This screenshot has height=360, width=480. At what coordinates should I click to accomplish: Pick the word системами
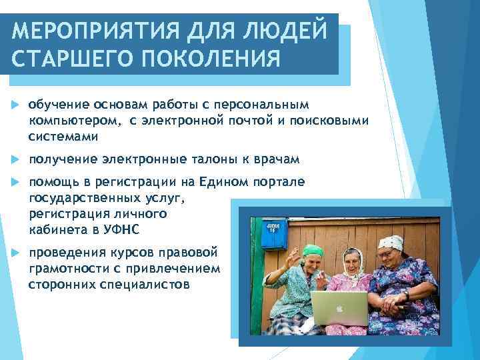pyautogui.click(x=63, y=137)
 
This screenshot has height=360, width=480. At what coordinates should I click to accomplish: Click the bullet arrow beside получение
pyautogui.click(x=15, y=161)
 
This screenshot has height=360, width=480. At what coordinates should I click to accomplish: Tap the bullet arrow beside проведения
pyautogui.click(x=15, y=253)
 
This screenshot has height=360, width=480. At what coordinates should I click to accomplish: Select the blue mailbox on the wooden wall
pyautogui.click(x=273, y=233)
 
